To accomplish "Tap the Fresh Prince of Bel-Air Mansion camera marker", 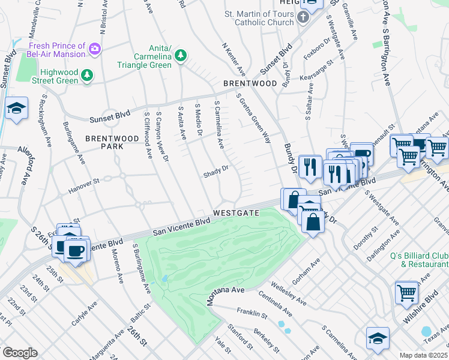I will point(95,48).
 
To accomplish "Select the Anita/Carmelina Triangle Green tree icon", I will point(180,56).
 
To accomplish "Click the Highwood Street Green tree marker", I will point(88,74).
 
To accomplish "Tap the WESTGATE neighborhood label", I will point(235,213).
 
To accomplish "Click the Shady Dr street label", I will point(216,170).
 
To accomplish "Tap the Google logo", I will point(20,352).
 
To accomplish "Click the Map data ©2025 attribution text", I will point(423,355).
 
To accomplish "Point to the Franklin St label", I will point(252,313).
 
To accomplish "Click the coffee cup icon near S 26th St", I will point(76,251).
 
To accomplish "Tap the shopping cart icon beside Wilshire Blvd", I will point(406,293).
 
